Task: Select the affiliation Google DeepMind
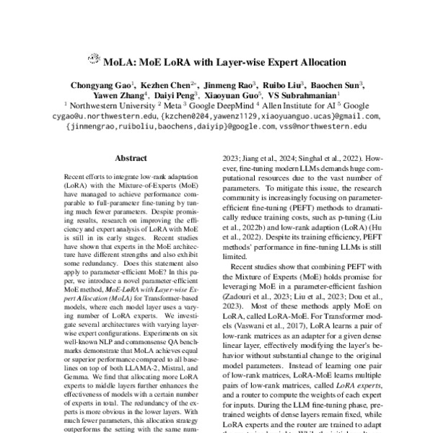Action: pyautogui.click(x=218, y=105)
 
